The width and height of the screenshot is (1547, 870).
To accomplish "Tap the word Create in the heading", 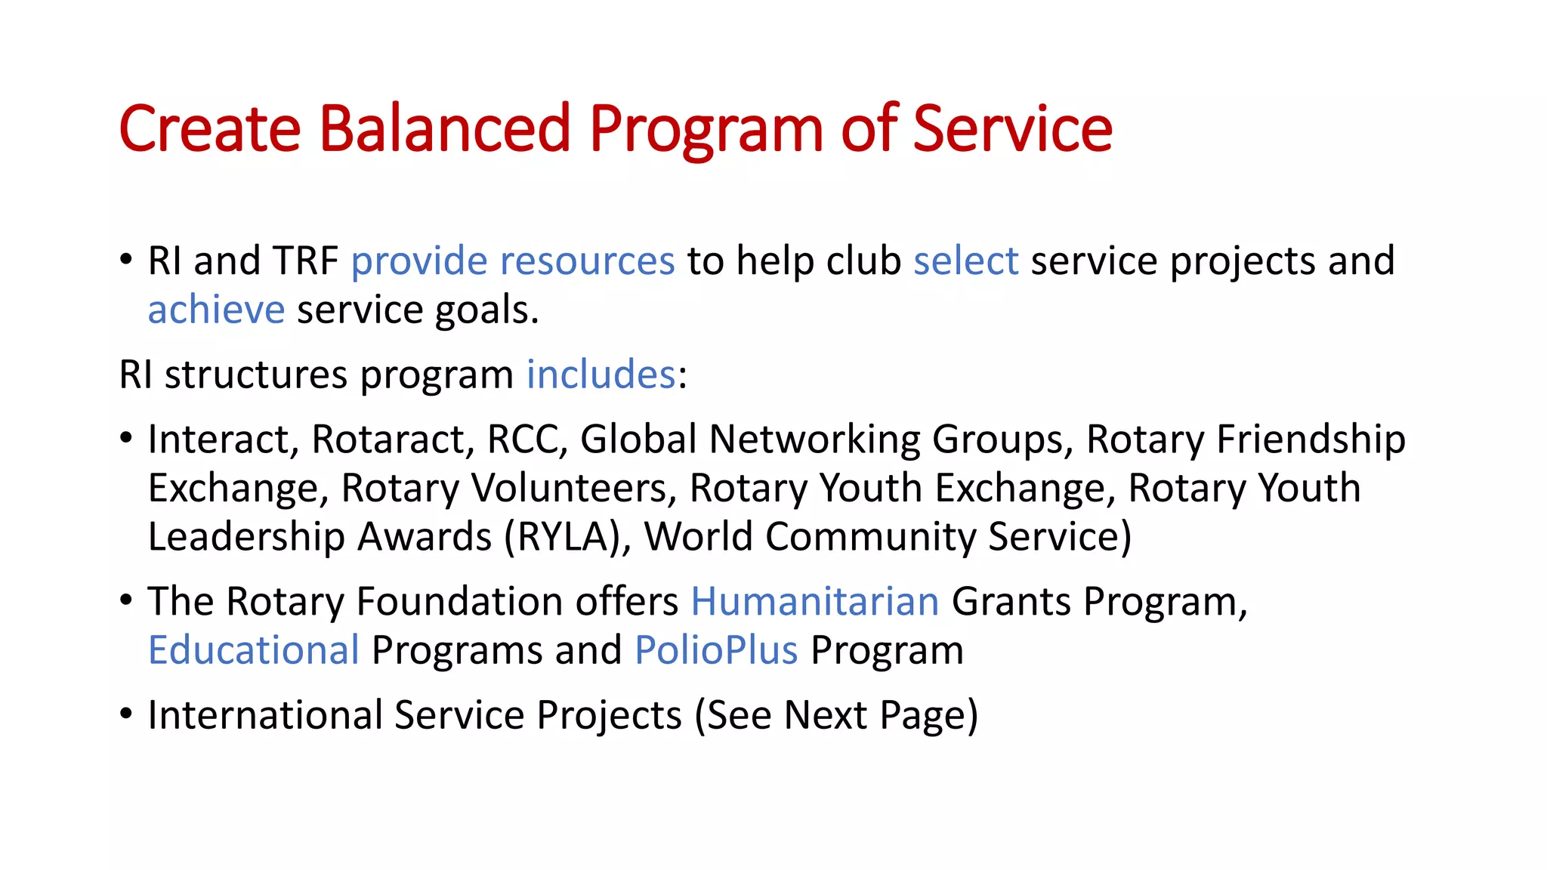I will pyautogui.click(x=209, y=128).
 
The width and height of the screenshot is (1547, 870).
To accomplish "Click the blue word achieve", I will pyautogui.click(x=216, y=310).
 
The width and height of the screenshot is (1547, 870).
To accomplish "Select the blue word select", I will pyautogui.click(x=965, y=261).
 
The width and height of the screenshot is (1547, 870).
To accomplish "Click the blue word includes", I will pyautogui.click(x=601, y=375).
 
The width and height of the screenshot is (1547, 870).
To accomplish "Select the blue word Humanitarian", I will pyautogui.click(x=814, y=602).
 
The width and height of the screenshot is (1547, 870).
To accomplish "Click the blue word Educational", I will pyautogui.click(x=253, y=650).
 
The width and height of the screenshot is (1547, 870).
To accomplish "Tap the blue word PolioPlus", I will pyautogui.click(x=715, y=650).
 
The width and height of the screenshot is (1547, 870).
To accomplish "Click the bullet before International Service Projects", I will pyautogui.click(x=126, y=714).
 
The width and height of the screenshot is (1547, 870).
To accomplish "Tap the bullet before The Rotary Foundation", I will pyautogui.click(x=126, y=600).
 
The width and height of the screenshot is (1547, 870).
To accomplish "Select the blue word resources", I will pyautogui.click(x=587, y=261).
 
